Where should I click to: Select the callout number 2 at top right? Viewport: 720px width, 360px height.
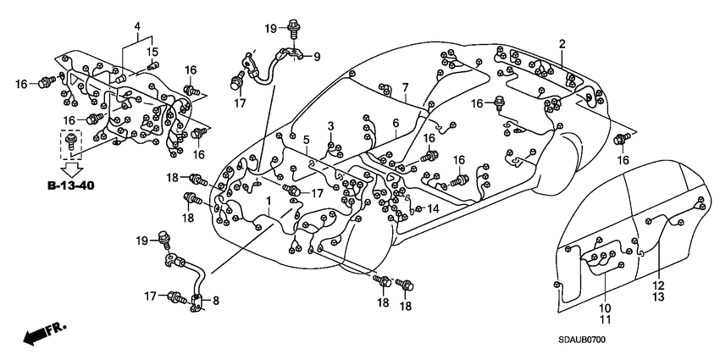[x=562, y=43]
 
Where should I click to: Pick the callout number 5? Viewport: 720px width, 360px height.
[x=307, y=140]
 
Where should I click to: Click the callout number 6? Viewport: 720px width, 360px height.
[x=395, y=123]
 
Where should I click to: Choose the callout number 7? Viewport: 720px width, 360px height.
[x=405, y=87]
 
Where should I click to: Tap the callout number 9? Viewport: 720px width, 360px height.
[x=318, y=58]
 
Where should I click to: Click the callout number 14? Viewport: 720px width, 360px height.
[x=433, y=208]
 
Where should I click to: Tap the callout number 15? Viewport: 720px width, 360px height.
[x=153, y=53]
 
